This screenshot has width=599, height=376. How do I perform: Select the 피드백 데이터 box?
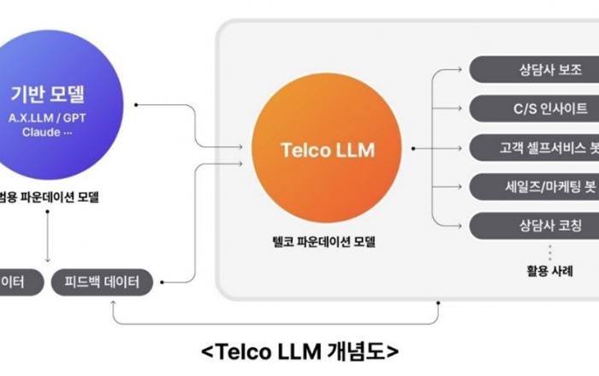[x=102, y=282]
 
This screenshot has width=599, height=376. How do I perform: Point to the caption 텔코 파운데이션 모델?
[x=319, y=243]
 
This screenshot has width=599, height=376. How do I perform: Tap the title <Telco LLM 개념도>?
[x=299, y=350]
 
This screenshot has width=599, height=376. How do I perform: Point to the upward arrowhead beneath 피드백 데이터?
[x=114, y=303]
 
